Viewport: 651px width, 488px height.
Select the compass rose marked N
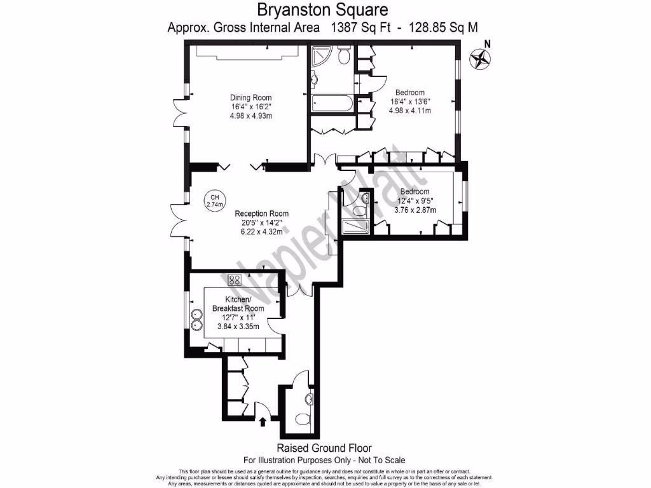[481, 59]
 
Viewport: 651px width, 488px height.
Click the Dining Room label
[250, 97]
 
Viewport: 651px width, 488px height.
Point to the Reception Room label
[261, 213]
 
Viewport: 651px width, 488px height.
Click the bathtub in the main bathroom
[332, 103]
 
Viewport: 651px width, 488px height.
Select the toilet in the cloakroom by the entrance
[309, 400]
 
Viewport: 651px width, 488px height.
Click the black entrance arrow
[263, 421]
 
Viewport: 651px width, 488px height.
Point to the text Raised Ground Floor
[324, 448]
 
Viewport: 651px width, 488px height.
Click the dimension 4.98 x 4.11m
[409, 110]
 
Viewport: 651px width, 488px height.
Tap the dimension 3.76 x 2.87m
[415, 210]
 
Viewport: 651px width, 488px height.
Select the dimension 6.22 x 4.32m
[261, 232]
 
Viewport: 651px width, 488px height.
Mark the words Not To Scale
[379, 460]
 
